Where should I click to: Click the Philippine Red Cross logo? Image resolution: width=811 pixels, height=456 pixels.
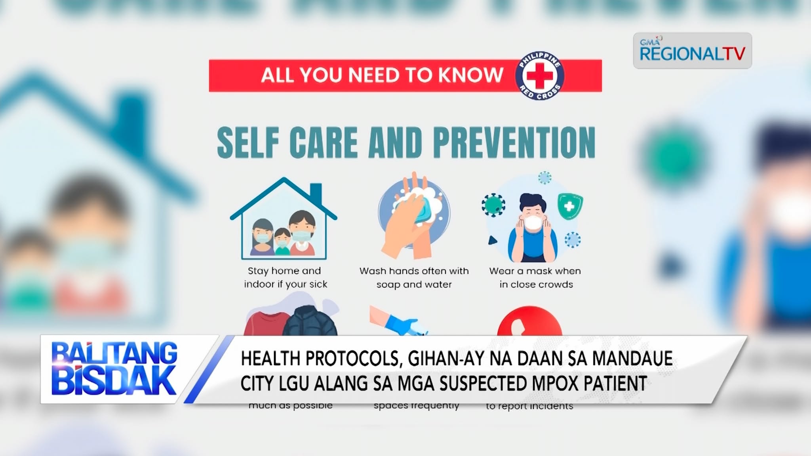pos(539,76)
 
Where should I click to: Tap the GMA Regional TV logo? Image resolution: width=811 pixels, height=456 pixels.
pos(692,51)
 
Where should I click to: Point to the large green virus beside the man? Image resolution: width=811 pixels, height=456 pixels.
pos(493,205)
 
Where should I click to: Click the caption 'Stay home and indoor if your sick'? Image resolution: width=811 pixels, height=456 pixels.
pos(285,277)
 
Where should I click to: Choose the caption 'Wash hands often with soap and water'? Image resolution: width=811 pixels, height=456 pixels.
pos(414,277)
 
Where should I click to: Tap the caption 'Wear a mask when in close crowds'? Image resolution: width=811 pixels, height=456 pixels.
pos(535,277)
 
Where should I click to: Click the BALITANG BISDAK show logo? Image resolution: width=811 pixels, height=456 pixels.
pos(114,369)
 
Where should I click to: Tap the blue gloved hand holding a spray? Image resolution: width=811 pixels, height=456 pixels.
pos(398,325)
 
